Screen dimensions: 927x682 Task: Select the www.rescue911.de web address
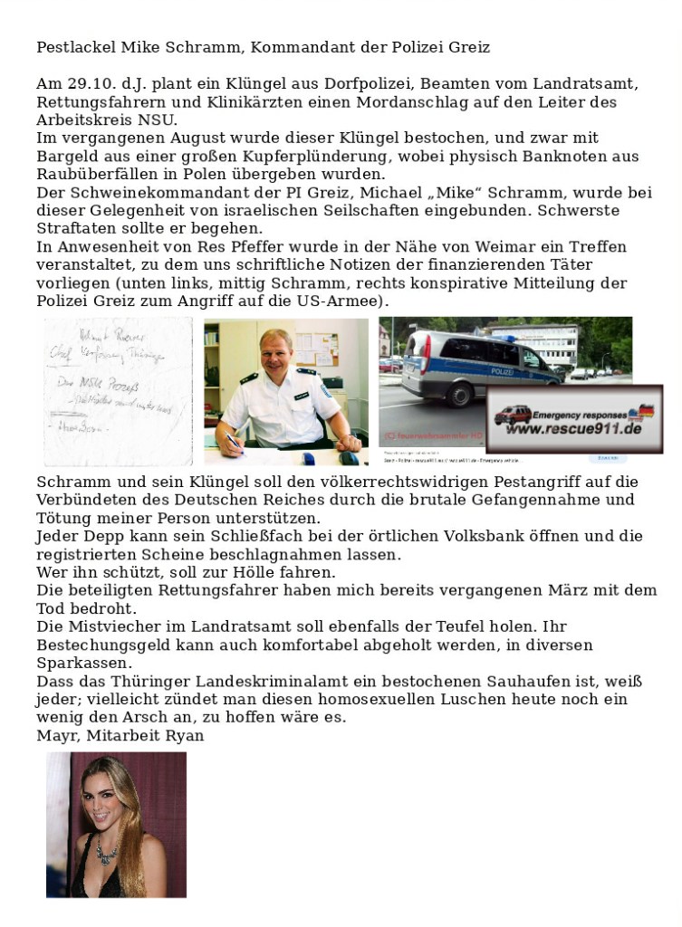pos(567,427)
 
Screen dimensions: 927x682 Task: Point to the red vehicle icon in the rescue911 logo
pos(513,415)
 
